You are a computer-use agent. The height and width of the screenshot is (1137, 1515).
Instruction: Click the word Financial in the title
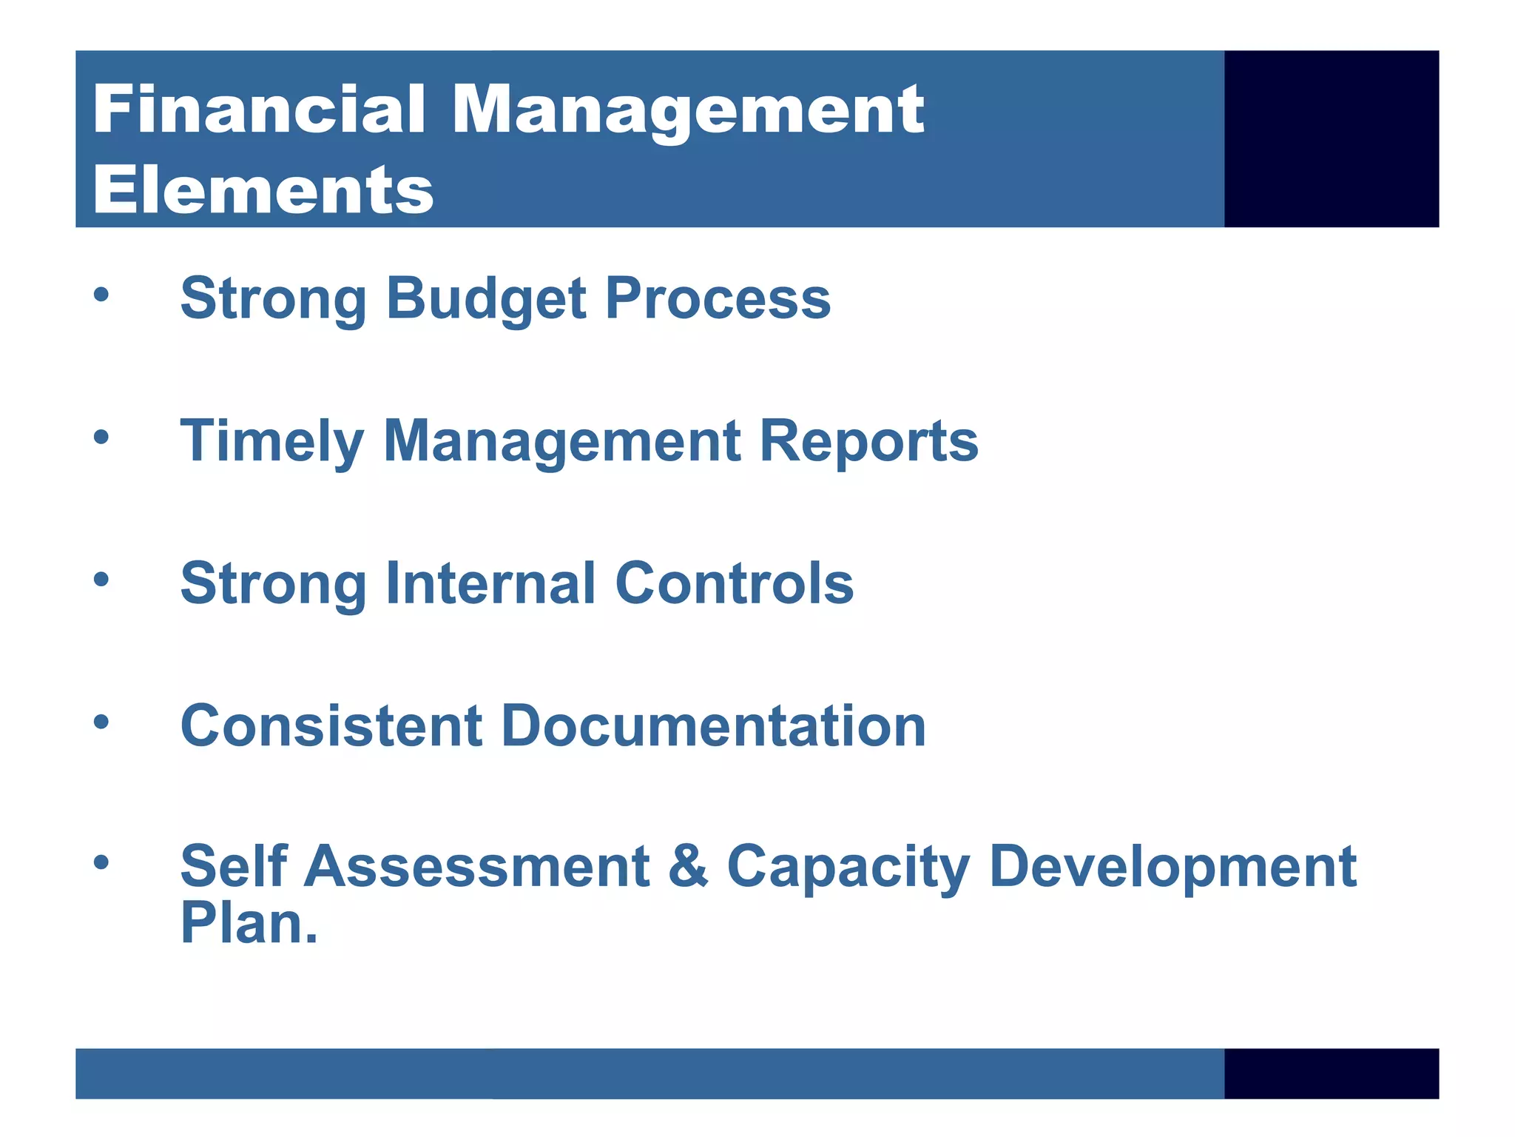click(x=259, y=110)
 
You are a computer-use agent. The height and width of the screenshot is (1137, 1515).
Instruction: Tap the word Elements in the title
click(x=263, y=190)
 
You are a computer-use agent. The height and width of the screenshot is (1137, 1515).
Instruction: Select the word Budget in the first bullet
click(x=486, y=299)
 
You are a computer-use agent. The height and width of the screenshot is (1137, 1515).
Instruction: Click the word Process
click(x=718, y=299)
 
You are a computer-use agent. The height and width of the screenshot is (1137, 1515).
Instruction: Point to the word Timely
click(x=271, y=442)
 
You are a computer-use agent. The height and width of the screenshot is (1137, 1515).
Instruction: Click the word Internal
click(x=490, y=583)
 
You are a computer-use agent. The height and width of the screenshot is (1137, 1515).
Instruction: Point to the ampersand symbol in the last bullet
click(x=688, y=866)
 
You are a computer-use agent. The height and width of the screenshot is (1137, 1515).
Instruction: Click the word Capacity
click(x=848, y=868)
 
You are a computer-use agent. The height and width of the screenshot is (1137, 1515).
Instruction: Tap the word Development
click(x=1172, y=868)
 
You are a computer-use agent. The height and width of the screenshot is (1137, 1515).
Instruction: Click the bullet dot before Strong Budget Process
click(x=101, y=295)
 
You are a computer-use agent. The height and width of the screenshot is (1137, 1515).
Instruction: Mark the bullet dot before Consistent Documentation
click(x=101, y=722)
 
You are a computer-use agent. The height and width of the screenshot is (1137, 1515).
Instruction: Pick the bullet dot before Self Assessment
click(x=101, y=862)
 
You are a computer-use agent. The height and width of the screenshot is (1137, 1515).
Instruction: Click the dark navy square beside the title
click(x=1331, y=138)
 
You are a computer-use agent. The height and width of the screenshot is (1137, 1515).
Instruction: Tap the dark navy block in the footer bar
click(x=1331, y=1073)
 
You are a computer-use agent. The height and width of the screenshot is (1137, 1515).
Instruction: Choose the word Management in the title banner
click(x=687, y=110)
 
